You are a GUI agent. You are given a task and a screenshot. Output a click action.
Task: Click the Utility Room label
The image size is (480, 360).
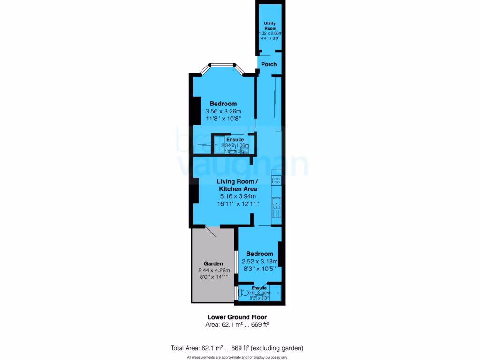click(270, 25)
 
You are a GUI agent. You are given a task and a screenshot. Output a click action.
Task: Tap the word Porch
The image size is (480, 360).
click(269, 64)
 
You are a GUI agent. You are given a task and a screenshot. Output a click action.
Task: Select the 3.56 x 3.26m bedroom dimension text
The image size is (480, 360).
click(223, 112)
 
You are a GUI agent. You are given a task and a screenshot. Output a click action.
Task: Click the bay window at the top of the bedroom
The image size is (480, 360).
click(223, 66)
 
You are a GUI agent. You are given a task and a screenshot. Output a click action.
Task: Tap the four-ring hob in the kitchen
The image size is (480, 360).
click(277, 180)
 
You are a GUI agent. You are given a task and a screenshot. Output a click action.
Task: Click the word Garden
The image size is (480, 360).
click(213, 263)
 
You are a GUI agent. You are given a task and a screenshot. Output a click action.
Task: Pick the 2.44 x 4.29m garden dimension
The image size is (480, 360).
click(213, 270)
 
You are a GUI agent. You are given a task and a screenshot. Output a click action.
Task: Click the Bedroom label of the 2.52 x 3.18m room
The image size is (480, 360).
click(260, 254)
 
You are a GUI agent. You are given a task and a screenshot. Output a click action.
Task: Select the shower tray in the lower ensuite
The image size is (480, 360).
click(275, 292)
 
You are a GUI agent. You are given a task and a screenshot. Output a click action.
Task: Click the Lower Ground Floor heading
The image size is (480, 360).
click(237, 317)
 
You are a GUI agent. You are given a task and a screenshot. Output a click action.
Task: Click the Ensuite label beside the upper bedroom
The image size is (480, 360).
click(235, 140)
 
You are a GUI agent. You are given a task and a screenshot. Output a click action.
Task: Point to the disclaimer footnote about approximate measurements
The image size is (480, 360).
click(237, 357)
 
